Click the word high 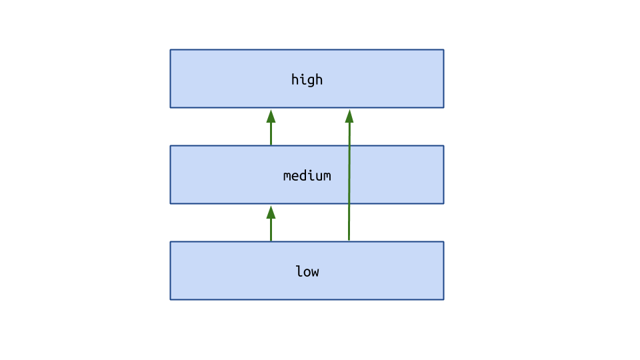pyautogui.click(x=307, y=79)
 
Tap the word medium pyautogui.click(x=307, y=175)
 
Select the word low pyautogui.click(x=307, y=271)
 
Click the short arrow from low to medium pyautogui.click(x=271, y=223)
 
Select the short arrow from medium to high pyautogui.click(x=271, y=127)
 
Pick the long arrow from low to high pyautogui.click(x=349, y=175)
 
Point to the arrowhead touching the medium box pyautogui.click(x=271, y=212)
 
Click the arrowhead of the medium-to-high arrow pyautogui.click(x=271, y=116)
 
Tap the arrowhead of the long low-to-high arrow pyautogui.click(x=349, y=116)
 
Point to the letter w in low pyautogui.click(x=315, y=273)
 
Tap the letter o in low pyautogui.click(x=307, y=273)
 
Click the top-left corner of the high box pyautogui.click(x=170, y=50)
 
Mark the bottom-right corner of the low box pyautogui.click(x=444, y=299)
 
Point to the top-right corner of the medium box pyautogui.click(x=444, y=146)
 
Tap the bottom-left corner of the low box pyautogui.click(x=170, y=299)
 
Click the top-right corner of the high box pyautogui.click(x=444, y=50)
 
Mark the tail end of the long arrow pyautogui.click(x=349, y=241)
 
